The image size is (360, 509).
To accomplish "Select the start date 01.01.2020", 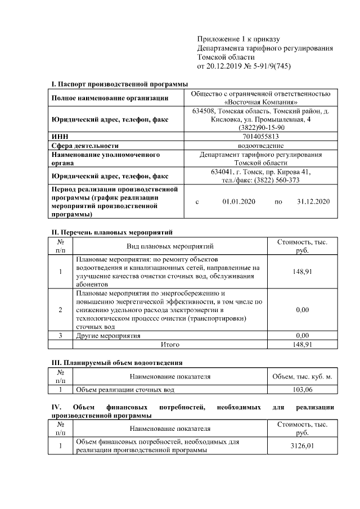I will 239,201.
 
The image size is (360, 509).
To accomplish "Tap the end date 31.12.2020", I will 313,201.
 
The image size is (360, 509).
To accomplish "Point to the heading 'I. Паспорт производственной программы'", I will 120,84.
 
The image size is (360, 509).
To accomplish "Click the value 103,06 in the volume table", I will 303,389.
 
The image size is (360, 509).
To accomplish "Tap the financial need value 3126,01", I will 303,446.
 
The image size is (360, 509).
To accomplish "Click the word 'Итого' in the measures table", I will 170,344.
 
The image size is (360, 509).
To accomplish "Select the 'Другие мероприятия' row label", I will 109,336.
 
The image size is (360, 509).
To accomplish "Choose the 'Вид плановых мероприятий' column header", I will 169,246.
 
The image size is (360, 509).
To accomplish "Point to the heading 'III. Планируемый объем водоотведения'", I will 117,362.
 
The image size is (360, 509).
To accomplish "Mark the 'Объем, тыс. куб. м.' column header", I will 303,376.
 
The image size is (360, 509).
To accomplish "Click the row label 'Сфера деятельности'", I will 85,145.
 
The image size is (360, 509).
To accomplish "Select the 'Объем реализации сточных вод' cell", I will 125,389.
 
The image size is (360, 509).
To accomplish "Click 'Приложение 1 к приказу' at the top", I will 238,39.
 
